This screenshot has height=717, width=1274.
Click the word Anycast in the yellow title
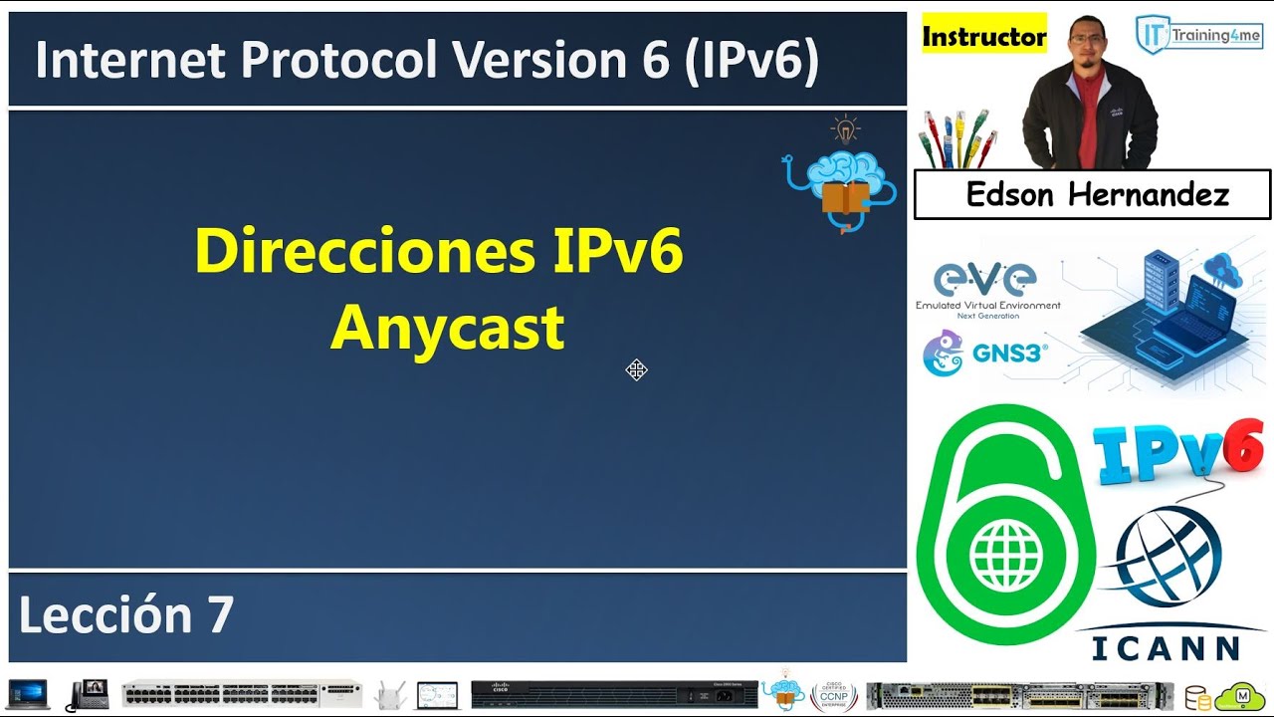pos(447,329)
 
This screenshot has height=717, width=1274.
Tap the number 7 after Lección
pos(220,614)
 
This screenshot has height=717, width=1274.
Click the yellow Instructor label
pos(983,37)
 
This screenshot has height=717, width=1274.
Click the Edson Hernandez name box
pos(1092,194)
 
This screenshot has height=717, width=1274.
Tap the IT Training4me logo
pos(1198,35)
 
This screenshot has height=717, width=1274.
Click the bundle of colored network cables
pos(956,138)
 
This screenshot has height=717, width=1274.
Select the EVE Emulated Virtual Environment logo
pos(987,289)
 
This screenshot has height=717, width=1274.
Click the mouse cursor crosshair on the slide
pos(637,370)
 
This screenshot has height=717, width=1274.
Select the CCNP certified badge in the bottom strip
pos(833,694)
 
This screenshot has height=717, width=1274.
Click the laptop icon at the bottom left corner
pos(28,694)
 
